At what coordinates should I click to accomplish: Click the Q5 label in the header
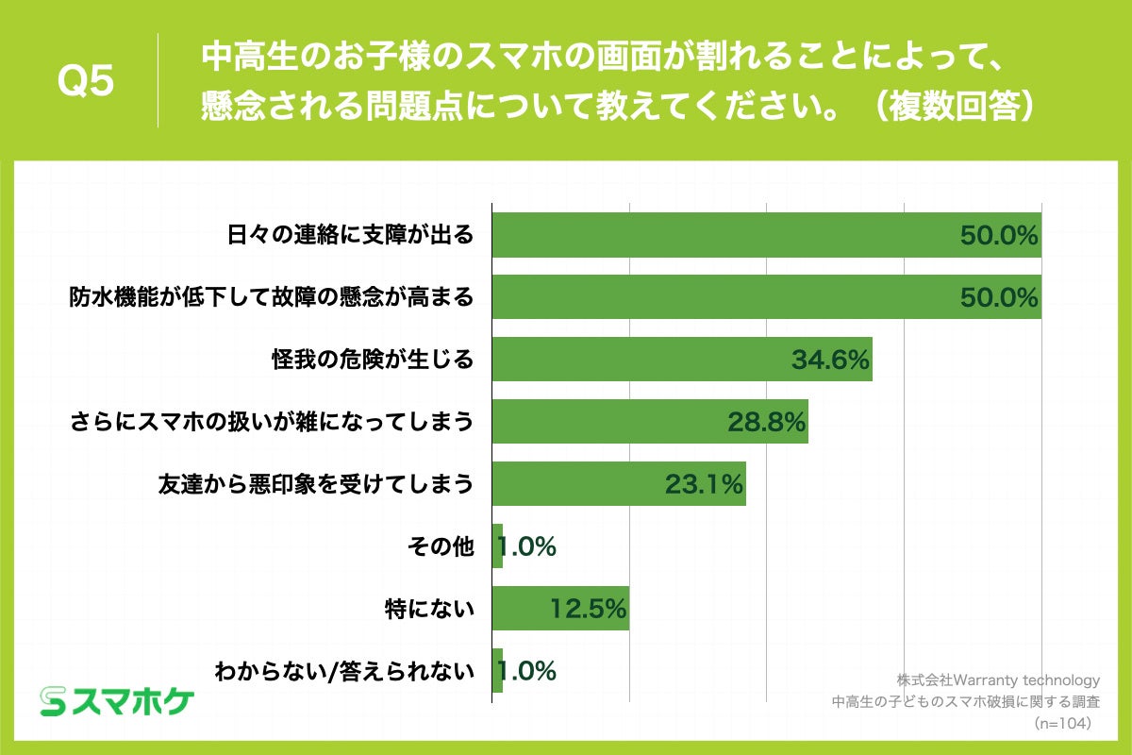86,82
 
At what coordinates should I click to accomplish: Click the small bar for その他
497,546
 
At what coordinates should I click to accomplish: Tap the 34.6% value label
830,361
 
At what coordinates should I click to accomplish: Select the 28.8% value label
766,423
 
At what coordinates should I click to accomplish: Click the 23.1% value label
705,485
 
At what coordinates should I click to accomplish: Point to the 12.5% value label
589,610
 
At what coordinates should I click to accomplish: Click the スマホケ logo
117,700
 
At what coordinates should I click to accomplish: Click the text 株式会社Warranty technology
998,679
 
